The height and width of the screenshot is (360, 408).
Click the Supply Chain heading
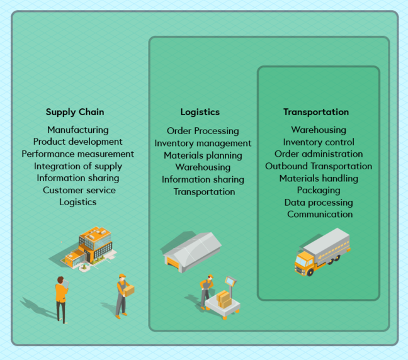pos(75,112)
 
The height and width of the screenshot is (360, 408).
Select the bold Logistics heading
pos(200,112)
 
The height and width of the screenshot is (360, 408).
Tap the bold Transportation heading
pos(316,112)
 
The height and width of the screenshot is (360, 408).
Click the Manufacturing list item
pos(77,130)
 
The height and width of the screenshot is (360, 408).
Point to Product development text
pos(77,142)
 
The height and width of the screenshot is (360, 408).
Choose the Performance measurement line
pos(77,154)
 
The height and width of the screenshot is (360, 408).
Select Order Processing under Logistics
pos(203,131)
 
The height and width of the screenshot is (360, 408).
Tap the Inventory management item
pos(203,143)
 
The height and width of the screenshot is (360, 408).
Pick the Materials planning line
pos(203,155)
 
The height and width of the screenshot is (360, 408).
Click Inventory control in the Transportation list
pos(319,142)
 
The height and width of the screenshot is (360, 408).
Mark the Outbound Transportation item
pos(319,166)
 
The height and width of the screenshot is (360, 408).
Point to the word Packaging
pos(319,190)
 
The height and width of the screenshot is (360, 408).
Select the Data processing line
pos(319,203)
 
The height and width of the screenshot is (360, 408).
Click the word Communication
pos(320,214)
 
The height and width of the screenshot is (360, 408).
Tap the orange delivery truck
pos(321,252)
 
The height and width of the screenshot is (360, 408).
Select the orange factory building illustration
pos(91,245)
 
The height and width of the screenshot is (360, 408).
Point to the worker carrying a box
pos(123,294)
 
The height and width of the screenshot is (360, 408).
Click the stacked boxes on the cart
pos(224,298)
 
